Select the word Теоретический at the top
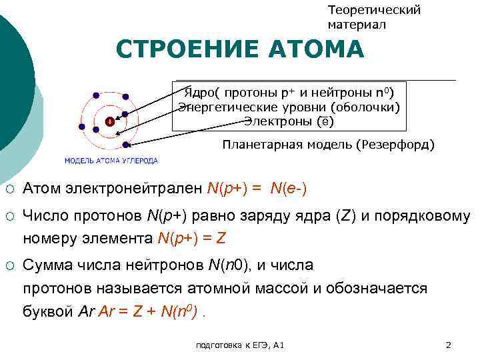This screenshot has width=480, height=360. click(x=374, y=10)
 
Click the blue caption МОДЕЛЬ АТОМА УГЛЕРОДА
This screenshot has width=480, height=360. click(x=111, y=161)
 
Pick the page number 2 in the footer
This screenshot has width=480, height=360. click(x=448, y=345)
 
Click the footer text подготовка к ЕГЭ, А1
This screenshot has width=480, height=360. click(x=240, y=345)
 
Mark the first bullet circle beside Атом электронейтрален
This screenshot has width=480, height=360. click(x=9, y=189)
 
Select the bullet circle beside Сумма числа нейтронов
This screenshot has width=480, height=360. click(x=9, y=266)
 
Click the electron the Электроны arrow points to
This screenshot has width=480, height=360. click(x=125, y=143)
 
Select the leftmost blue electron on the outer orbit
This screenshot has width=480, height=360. click(x=82, y=126)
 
